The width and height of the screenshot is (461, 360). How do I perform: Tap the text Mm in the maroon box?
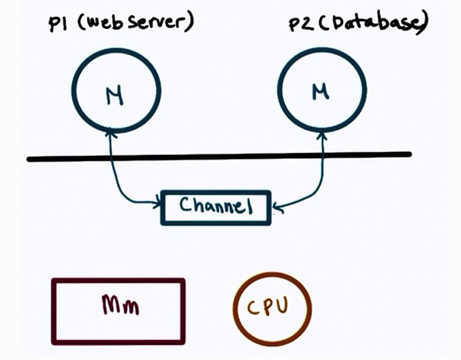[x=117, y=304]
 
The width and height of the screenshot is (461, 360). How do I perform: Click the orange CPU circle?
[x=272, y=308]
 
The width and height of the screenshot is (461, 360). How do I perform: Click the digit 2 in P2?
[x=306, y=25]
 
